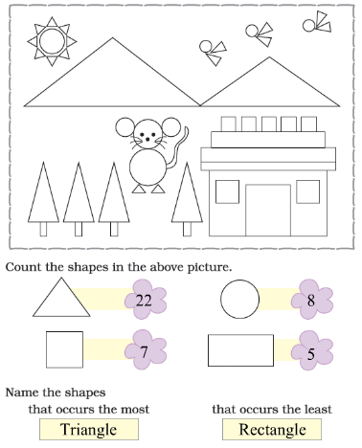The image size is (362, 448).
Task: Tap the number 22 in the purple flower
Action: click(x=144, y=301)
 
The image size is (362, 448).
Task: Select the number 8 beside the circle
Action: click(x=311, y=301)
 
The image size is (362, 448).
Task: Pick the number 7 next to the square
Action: click(x=144, y=352)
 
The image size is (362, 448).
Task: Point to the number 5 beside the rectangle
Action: click(x=311, y=354)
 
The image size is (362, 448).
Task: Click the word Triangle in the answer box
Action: click(x=89, y=429)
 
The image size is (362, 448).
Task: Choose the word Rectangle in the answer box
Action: click(x=272, y=429)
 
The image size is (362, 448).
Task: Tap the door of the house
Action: click(x=268, y=210)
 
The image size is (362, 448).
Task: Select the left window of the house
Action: click(x=227, y=191)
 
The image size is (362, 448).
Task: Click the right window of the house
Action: click(x=308, y=191)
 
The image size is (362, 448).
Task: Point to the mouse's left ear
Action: click(x=124, y=127)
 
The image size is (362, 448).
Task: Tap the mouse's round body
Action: click(x=148, y=168)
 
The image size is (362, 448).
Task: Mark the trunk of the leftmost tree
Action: click(x=43, y=229)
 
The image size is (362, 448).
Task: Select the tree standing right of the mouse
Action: click(x=187, y=199)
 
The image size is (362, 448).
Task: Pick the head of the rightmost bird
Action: click(x=308, y=26)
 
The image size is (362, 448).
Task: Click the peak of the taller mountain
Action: click(x=112, y=38)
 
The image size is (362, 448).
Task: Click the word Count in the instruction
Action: click(x=23, y=267)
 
